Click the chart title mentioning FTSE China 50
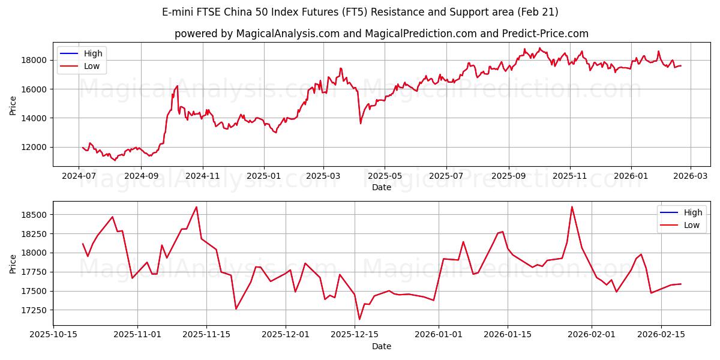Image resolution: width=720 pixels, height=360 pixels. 360,12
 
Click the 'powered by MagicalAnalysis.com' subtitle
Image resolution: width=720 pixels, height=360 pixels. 382,34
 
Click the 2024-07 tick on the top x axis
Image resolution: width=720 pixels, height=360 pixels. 79,176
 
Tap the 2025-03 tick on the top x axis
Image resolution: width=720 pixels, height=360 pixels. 323,176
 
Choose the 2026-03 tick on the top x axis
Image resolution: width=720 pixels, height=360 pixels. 690,176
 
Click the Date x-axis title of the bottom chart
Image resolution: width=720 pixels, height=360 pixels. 382,346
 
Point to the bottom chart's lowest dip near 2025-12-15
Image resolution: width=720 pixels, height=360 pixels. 359,319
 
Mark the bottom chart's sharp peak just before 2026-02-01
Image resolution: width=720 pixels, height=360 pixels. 572,207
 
